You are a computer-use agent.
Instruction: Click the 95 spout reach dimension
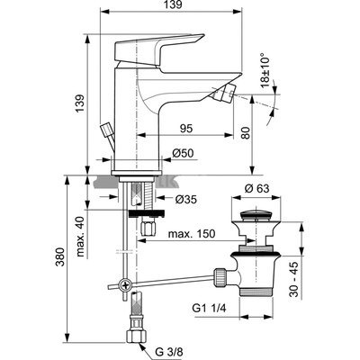pos(185,129)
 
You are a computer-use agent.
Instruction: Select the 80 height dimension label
pos(246,132)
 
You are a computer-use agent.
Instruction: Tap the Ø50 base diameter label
pos(183,153)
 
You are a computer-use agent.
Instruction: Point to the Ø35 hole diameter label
pos(186,199)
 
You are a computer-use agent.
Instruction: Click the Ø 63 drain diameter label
pos(256,189)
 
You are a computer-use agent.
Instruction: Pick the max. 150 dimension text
pos(192,234)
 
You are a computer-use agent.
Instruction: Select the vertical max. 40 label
pos(80,236)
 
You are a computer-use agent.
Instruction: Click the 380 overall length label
pos(60,257)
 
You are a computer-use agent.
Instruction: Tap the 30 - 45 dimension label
pos(293,279)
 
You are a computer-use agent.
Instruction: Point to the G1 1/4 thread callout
pos(210,309)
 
